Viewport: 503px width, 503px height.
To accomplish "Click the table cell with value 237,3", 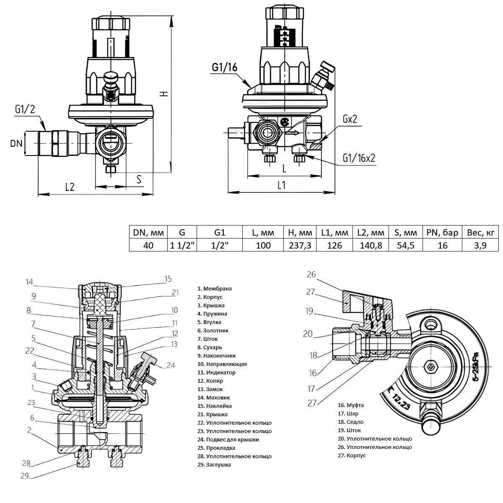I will click(x=300, y=245).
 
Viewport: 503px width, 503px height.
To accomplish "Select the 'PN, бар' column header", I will click(x=442, y=232).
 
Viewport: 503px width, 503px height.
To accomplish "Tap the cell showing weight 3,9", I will click(x=480, y=245).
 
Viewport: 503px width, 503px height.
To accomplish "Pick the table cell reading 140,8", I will click(x=371, y=245).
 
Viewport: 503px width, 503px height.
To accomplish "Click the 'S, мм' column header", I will click(x=405, y=232).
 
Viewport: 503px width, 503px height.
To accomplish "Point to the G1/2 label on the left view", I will click(x=25, y=109).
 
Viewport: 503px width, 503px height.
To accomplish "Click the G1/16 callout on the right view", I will click(x=225, y=67).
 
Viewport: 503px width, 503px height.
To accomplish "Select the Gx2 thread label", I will click(x=349, y=119).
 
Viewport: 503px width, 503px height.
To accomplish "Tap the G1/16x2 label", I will click(x=358, y=158).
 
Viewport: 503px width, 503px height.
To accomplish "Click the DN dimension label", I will click(x=16, y=143).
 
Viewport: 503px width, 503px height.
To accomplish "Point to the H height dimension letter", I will click(x=166, y=93).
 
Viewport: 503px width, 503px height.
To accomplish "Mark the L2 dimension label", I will click(x=70, y=187).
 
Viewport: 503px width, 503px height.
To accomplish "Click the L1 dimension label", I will click(x=281, y=185).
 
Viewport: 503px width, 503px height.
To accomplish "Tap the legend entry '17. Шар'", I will click(x=348, y=414).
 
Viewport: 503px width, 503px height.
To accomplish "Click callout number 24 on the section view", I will click(x=170, y=365).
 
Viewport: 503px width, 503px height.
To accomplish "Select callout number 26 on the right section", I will click(x=311, y=275).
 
